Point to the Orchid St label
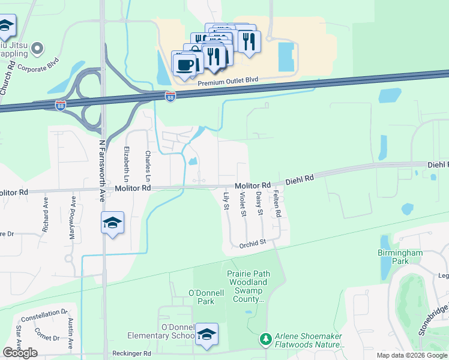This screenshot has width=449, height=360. (x=253, y=243)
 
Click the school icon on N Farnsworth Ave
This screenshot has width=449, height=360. (x=112, y=223)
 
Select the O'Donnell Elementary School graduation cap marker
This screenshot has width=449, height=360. (x=206, y=335)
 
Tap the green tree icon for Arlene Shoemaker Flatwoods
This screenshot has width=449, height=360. (x=266, y=340)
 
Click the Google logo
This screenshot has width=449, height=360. (x=20, y=353)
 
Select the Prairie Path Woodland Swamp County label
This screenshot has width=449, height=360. (x=248, y=286)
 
